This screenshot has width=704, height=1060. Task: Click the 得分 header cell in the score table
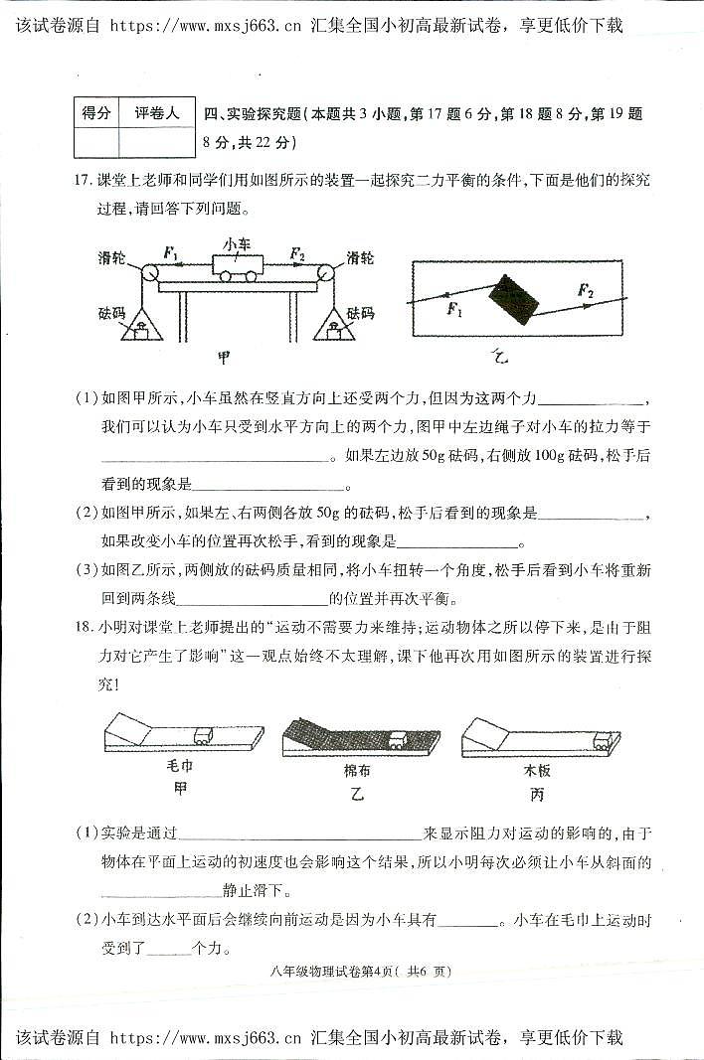pyautogui.click(x=95, y=114)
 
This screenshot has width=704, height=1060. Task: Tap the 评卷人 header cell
pyautogui.click(x=157, y=114)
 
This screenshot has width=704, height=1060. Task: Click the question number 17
pyautogui.click(x=83, y=180)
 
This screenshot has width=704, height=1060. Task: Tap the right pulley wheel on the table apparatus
pyautogui.click(x=325, y=272)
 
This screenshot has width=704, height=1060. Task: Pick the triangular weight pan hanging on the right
pyautogui.click(x=335, y=326)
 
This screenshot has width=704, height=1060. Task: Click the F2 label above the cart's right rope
pyautogui.click(x=296, y=254)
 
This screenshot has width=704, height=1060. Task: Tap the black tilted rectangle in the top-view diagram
pyautogui.click(x=514, y=299)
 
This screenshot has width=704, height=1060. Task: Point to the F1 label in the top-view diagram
pyautogui.click(x=455, y=311)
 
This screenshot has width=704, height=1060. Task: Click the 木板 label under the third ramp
pyautogui.click(x=537, y=770)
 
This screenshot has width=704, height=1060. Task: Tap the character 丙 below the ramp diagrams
pyautogui.click(x=537, y=794)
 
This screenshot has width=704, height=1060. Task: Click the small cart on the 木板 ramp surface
pyautogui.click(x=603, y=737)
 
